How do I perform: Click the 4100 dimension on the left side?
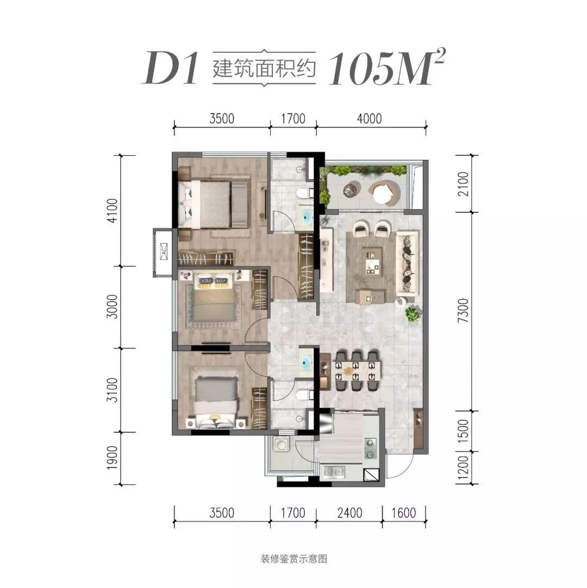pyautogui.click(x=112, y=210)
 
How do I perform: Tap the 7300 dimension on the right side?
pyautogui.click(x=464, y=311)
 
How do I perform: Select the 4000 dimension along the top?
pyautogui.click(x=369, y=118)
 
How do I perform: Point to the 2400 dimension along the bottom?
pyautogui.click(x=349, y=513)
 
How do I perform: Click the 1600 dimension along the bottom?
pyautogui.click(x=404, y=513)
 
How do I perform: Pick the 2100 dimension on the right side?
pyautogui.click(x=464, y=184)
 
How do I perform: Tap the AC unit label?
pyautogui.click(x=164, y=251)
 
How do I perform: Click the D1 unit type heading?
pyautogui.click(x=170, y=68)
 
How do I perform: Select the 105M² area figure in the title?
pyautogui.click(x=386, y=67)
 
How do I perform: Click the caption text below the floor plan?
pyautogui.click(x=294, y=559)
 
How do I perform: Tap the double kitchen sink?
pyautogui.click(x=334, y=472)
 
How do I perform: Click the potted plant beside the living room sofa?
pyautogui.click(x=413, y=313)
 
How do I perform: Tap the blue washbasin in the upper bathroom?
pyautogui.click(x=307, y=216)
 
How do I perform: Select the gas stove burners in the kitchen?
pyautogui.click(x=370, y=448)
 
